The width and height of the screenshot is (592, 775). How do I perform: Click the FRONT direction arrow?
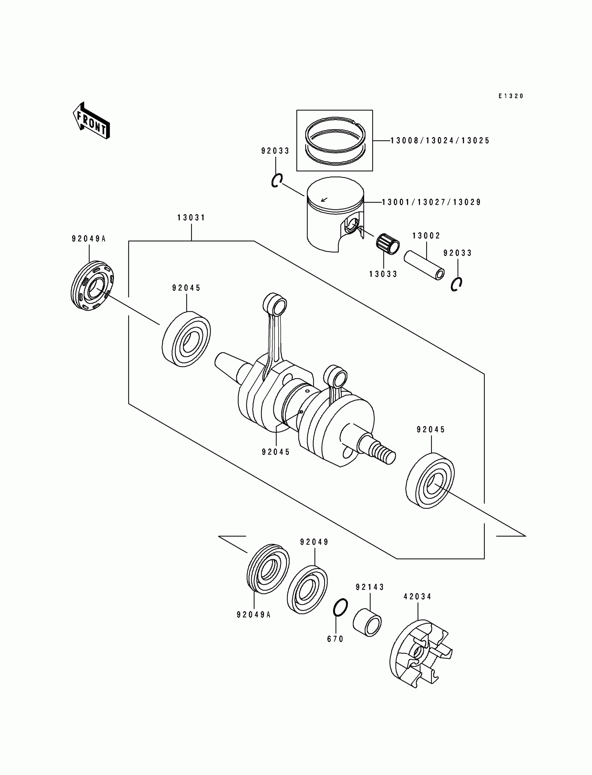coord(91,121)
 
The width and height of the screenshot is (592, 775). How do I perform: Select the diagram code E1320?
coord(511,96)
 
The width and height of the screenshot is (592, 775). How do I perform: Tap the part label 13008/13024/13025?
coord(440,141)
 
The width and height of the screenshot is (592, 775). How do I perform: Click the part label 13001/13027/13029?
coord(432,203)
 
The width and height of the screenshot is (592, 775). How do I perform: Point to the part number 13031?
coord(191,218)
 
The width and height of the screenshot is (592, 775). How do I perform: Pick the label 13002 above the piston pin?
coord(426,236)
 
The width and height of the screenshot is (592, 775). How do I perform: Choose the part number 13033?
coord(383,274)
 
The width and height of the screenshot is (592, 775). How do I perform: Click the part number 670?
coord(335,639)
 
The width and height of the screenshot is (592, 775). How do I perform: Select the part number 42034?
coord(418,597)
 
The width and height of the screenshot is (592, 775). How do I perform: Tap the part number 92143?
coord(370,587)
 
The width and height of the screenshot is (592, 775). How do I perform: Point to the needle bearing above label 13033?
coord(388,243)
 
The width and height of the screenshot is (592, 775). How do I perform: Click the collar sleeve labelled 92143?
coord(367,623)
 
